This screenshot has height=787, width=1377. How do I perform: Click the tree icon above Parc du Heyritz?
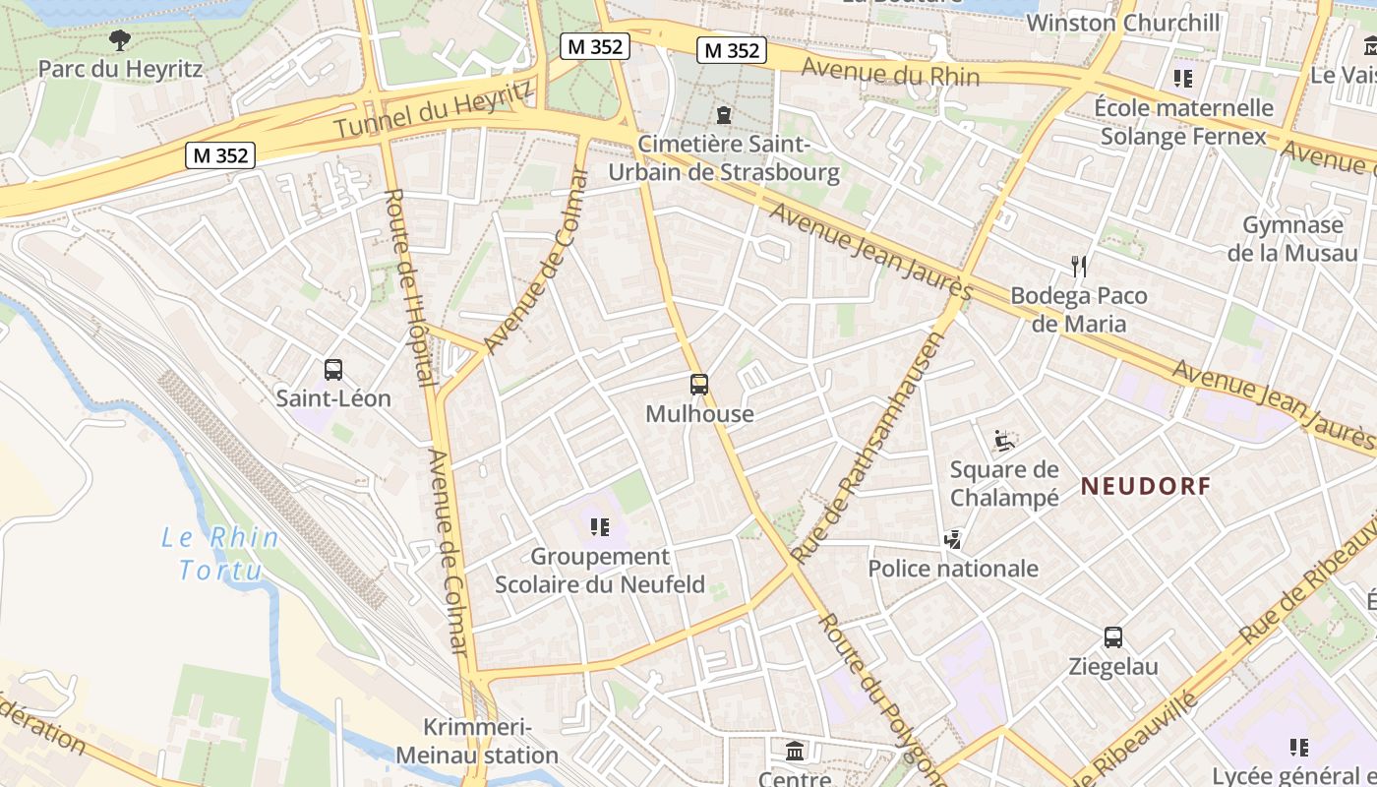(120, 40)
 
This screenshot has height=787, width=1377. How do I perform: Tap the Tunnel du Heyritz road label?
(434, 108)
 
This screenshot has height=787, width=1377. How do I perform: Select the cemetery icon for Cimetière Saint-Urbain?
(724, 115)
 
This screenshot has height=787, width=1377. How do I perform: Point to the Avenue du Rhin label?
(890, 72)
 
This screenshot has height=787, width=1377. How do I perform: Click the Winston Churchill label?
(1123, 23)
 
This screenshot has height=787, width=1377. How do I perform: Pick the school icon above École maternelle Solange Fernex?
(1182, 78)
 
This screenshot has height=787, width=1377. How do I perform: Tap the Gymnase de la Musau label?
(1292, 238)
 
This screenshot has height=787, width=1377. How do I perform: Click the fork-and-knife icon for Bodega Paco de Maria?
(1079, 266)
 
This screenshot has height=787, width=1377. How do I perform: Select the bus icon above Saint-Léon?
(333, 370)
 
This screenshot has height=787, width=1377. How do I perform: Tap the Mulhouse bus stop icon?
(699, 385)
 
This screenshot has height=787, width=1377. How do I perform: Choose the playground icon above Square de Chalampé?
(1003, 440)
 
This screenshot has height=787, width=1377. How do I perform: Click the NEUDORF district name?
(1146, 486)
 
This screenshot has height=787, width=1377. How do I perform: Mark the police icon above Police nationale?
(952, 539)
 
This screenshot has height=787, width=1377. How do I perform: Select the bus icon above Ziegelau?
(1113, 637)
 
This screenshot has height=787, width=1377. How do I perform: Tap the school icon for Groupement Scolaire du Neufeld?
(600, 527)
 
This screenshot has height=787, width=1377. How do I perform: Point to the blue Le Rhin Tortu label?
(220, 554)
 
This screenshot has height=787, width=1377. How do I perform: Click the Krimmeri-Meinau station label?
(477, 742)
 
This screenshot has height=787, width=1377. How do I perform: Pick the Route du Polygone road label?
(880, 698)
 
